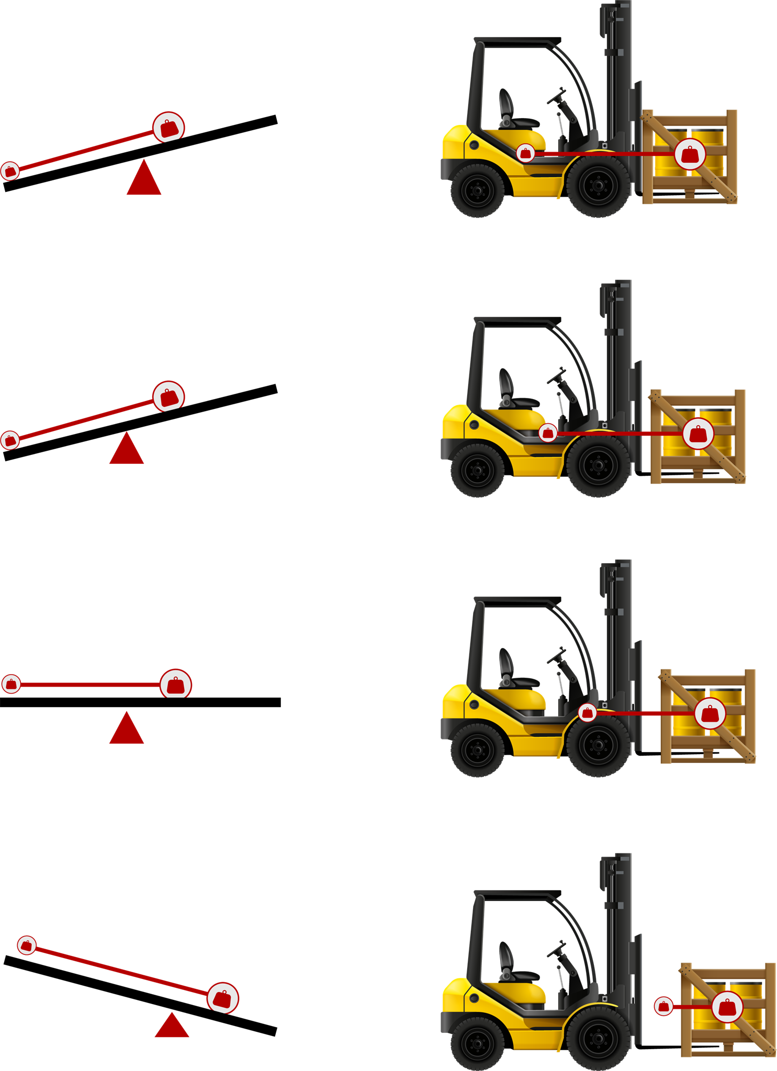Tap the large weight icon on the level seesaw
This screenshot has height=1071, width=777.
176,684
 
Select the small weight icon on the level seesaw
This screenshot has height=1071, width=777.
11,684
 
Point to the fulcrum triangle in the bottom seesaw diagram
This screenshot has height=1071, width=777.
172,1026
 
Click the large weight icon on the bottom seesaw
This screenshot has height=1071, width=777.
223,998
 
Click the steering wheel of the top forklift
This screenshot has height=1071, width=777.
557,97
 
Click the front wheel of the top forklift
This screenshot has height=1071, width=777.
598,185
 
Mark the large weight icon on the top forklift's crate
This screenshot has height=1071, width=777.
690,154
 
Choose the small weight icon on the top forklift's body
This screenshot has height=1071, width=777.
525,153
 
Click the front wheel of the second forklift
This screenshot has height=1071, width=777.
598,465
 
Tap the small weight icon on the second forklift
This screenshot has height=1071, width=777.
548,433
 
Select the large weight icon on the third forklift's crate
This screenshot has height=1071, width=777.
710,713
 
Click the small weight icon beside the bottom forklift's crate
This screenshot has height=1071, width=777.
663,1006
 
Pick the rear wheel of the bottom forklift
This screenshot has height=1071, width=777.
477,1043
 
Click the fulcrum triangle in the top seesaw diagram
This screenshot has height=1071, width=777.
144,178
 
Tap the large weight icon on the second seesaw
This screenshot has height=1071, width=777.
168,397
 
